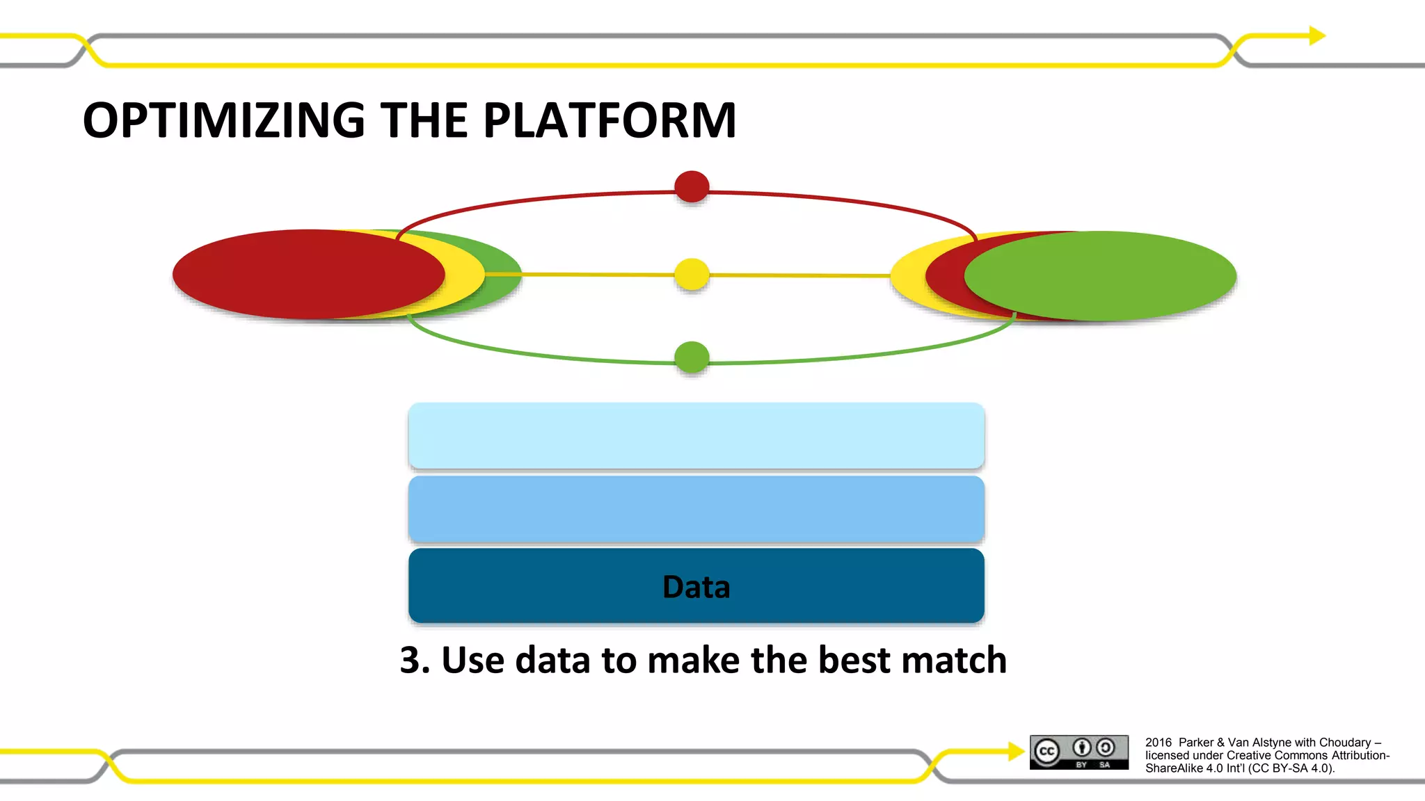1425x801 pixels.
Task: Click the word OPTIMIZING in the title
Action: [223, 120]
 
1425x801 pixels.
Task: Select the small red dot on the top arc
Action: [692, 186]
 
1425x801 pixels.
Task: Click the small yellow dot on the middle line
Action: [692, 274]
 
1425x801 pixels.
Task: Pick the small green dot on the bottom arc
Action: [692, 357]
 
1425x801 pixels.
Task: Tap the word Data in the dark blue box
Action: [696, 587]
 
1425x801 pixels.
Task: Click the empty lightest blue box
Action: [696, 435]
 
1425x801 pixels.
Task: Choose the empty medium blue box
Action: [696, 509]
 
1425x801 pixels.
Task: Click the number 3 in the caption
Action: [413, 660]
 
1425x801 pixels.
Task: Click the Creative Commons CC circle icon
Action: [1046, 752]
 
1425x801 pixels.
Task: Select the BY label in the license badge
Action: [1081, 765]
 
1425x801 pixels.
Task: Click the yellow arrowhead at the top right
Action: [1317, 35]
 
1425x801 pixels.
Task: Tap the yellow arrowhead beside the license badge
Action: [1016, 751]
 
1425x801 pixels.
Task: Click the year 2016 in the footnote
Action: [1159, 743]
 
